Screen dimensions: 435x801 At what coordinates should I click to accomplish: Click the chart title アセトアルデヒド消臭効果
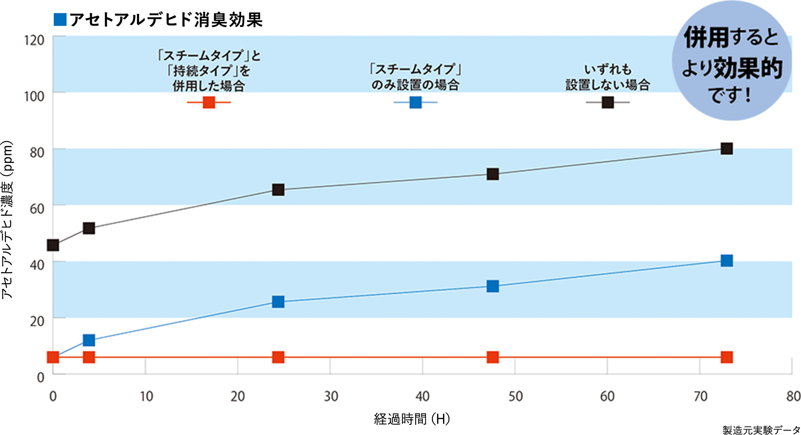(166, 20)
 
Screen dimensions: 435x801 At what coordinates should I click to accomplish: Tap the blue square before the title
(60, 20)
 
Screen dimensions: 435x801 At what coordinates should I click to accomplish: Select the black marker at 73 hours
(726, 149)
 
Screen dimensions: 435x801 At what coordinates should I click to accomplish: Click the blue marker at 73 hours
(726, 261)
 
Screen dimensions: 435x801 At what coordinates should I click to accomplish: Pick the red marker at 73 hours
(726, 357)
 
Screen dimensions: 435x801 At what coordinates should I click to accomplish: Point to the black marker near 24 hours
(278, 190)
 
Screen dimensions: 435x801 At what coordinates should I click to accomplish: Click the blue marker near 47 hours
(493, 286)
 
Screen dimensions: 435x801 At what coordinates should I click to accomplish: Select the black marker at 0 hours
(53, 245)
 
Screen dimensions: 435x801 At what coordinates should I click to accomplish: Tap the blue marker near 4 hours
(89, 340)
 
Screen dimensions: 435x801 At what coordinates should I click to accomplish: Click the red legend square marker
(209, 102)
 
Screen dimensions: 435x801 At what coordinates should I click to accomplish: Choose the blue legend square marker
(415, 102)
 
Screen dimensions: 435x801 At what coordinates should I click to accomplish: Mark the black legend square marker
(608, 102)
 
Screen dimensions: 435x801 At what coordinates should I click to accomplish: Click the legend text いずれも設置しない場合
(608, 77)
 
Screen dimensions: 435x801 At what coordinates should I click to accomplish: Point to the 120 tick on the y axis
(34, 40)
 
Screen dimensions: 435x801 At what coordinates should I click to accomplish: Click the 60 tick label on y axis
(37, 209)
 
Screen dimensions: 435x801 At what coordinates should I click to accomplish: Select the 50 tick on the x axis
(515, 396)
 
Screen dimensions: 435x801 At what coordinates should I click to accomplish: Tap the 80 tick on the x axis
(793, 396)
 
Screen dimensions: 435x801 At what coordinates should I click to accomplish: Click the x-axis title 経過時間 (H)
(412, 419)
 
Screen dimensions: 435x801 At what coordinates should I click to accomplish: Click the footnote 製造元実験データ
(761, 430)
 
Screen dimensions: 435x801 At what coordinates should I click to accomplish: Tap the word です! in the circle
(730, 96)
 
